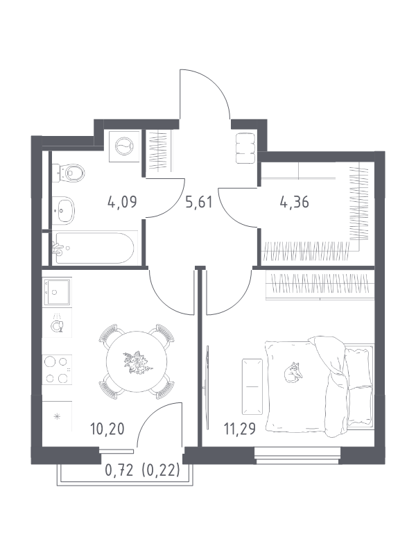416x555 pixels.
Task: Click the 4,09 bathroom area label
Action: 122,202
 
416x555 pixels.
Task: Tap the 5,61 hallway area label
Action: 199,202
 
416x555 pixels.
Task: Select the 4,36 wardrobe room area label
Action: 294,202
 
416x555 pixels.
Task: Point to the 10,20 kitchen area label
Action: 107,429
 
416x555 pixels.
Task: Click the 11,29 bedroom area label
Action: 239,429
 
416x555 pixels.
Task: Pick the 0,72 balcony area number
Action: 119,471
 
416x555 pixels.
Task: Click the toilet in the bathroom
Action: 69,173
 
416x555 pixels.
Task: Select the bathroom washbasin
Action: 64,210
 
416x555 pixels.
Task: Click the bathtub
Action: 94,248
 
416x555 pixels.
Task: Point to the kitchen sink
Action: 57,292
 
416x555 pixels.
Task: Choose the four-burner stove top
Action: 57,370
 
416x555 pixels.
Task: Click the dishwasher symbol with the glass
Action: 57,324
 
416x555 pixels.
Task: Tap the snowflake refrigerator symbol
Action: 57,417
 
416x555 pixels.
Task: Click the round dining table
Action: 137,361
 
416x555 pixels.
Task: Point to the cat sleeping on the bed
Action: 293,373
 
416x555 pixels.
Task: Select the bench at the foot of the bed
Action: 252,386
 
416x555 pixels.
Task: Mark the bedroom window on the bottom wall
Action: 297,456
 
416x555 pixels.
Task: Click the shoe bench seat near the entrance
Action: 245,148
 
